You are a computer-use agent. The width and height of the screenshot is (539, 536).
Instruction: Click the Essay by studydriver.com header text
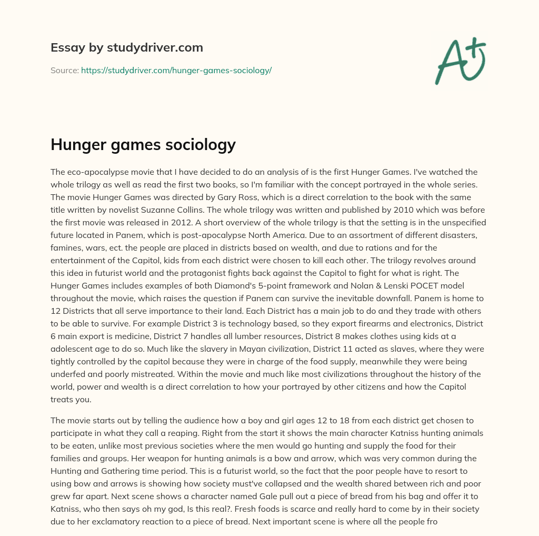click(127, 48)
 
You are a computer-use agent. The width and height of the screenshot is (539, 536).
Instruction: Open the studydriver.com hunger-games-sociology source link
click(176, 70)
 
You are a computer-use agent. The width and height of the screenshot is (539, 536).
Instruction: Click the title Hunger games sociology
click(143, 145)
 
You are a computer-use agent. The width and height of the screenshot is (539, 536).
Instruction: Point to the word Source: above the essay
click(64, 70)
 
